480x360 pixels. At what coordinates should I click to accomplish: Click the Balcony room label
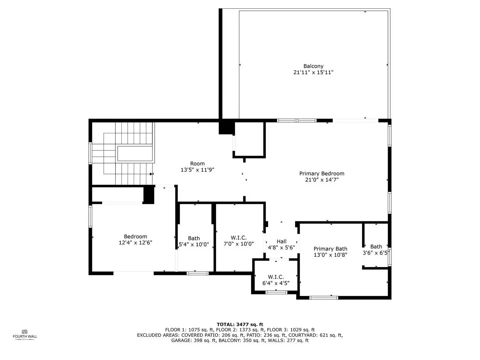(313, 66)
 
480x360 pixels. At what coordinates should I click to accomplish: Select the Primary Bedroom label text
(322, 174)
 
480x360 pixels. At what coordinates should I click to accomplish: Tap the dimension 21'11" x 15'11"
(313, 72)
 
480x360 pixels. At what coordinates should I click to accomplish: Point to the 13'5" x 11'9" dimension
(197, 170)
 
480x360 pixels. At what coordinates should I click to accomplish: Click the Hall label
(281, 242)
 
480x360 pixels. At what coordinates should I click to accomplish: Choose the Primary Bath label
(330, 249)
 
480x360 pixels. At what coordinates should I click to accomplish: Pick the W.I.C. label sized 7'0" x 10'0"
(239, 238)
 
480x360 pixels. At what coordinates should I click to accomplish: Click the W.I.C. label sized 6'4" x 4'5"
(276, 277)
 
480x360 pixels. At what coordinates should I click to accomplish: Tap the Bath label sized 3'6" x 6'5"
(376, 247)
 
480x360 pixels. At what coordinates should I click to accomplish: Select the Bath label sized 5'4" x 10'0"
(194, 238)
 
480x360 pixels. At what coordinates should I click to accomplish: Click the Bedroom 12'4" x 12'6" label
(135, 237)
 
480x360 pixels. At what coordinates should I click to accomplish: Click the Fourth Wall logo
(25, 334)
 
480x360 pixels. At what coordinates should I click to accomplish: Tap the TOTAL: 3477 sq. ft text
(240, 324)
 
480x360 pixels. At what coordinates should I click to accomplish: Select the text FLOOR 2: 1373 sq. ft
(240, 330)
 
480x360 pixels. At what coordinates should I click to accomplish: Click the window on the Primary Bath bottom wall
(324, 297)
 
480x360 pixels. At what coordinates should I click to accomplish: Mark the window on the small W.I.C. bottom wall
(276, 292)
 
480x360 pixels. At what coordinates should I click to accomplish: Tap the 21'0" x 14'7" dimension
(322, 180)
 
